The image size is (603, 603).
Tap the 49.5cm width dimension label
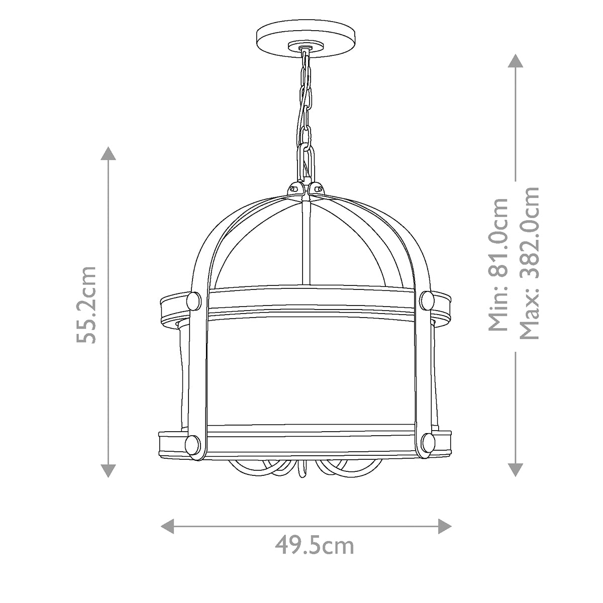tap(314, 545)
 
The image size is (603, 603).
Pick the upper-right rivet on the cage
tap(427, 300)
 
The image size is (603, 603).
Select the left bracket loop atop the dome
tap(295, 188)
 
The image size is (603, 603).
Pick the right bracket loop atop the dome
tap(317, 188)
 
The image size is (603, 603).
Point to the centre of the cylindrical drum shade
tap(312, 372)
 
